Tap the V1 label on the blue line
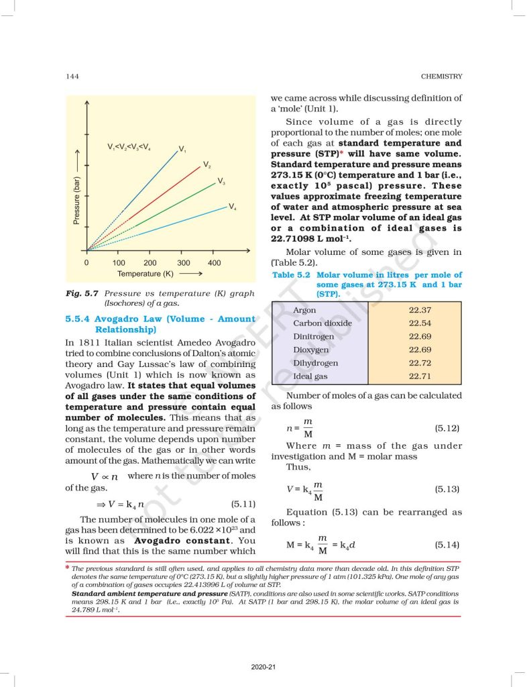(182, 149)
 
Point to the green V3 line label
(221, 182)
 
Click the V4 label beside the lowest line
(232, 207)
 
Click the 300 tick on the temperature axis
(184, 263)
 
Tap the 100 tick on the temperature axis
(119, 263)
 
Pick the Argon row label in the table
(304, 310)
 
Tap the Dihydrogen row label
(315, 363)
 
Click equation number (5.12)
(447, 427)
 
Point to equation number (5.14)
(447, 544)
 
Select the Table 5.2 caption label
(290, 275)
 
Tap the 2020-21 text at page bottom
(263, 667)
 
